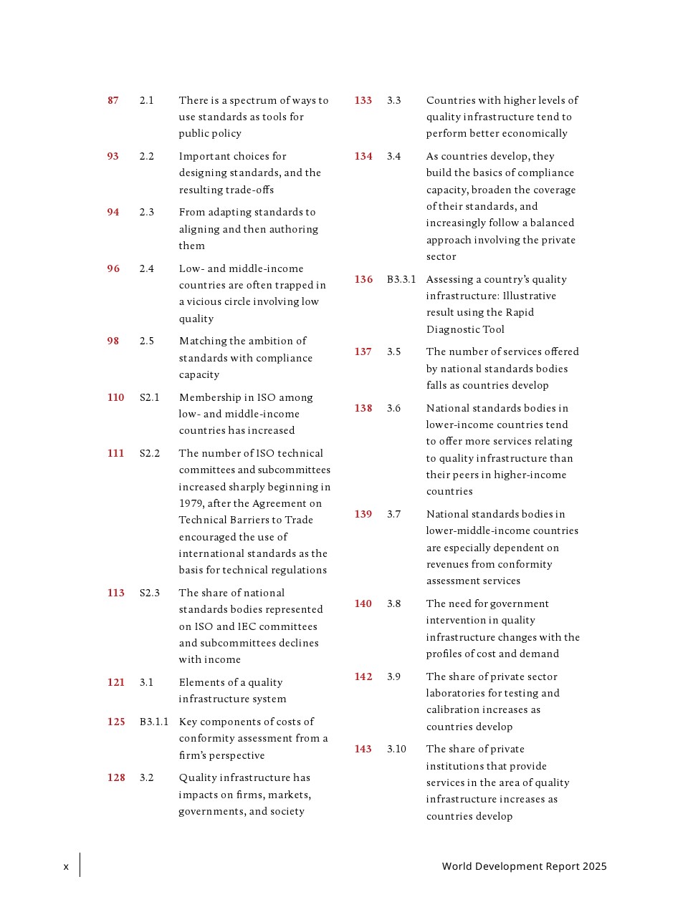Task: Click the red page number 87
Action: tap(113, 100)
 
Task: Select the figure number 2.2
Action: tap(147, 156)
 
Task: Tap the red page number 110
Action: tap(115, 397)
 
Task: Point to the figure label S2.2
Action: tap(150, 453)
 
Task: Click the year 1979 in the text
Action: tap(191, 503)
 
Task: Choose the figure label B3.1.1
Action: tap(154, 722)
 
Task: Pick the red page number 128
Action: tap(116, 777)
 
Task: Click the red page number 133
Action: tap(363, 100)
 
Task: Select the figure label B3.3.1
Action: tap(401, 279)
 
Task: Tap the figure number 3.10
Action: tap(396, 749)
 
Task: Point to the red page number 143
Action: tap(363, 749)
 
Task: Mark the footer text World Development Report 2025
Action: tap(524, 866)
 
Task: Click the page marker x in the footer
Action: tap(66, 867)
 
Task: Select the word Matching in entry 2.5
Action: tap(203, 341)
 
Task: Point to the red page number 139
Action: tap(363, 514)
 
